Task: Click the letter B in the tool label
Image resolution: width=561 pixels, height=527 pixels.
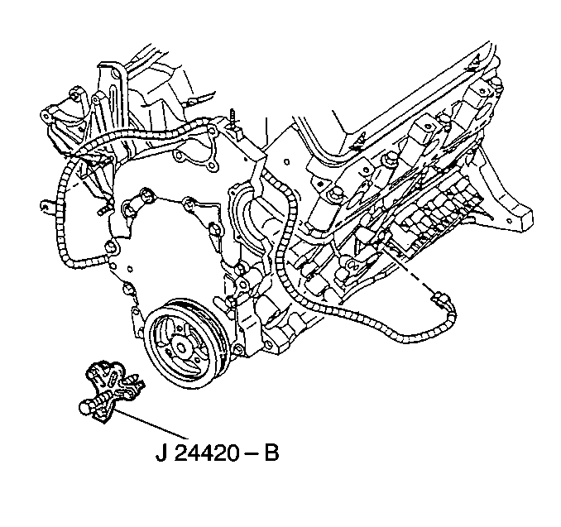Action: (271, 453)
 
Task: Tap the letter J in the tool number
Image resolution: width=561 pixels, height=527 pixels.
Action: (161, 453)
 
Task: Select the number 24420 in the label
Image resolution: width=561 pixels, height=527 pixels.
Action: (208, 453)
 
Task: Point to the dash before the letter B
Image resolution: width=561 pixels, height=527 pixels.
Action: (252, 454)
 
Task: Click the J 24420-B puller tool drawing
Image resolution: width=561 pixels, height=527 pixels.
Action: (111, 391)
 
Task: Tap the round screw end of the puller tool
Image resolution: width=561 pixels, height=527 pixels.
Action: (85, 408)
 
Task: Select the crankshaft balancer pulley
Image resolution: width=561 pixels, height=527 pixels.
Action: (188, 344)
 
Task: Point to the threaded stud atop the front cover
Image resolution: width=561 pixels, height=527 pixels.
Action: (233, 119)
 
